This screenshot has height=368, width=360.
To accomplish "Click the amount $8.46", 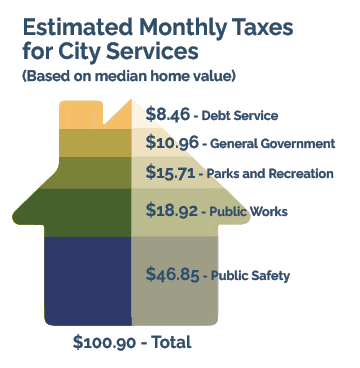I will pyautogui.click(x=165, y=115).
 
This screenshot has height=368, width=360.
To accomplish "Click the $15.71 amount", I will pyautogui.click(x=168, y=173).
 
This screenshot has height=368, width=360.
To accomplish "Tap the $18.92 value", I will pyautogui.click(x=170, y=211).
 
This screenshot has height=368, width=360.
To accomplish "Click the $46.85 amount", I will pyautogui.click(x=171, y=274).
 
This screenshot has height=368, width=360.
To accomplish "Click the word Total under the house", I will pyautogui.click(x=169, y=343).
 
